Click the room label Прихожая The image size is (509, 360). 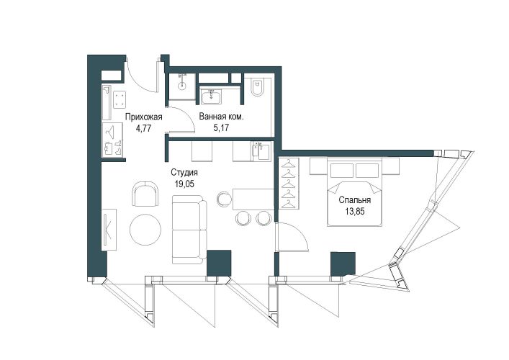(143, 117)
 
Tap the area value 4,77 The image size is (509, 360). (144, 127)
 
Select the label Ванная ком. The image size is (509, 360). (221, 117)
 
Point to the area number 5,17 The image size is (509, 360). (221, 127)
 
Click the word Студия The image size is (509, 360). (184, 173)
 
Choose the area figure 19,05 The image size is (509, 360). (184, 184)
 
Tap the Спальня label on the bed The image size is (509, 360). (355, 200)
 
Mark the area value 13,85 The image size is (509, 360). (355, 212)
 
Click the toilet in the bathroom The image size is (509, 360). (258, 88)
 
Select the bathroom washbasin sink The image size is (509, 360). (212, 96)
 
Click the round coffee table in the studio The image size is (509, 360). (145, 230)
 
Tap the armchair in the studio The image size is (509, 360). (145, 194)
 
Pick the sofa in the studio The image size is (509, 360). (189, 230)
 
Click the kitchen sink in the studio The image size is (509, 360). (261, 151)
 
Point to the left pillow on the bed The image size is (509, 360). (342, 171)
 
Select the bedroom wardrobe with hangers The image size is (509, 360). (289, 184)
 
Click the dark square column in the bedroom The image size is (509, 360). (343, 264)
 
